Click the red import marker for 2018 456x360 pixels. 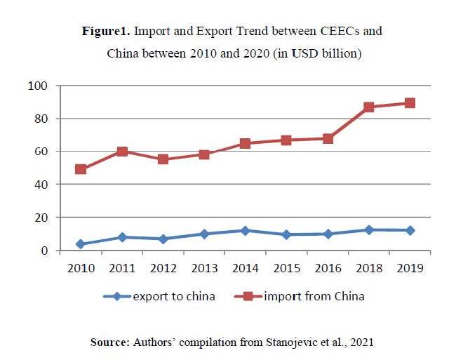tap(369, 107)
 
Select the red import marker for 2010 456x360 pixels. tap(81, 169)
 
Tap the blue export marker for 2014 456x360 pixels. tap(245, 231)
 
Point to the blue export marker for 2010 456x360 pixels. tap(81, 244)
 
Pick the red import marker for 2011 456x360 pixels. tap(122, 152)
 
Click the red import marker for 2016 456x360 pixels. tap(328, 139)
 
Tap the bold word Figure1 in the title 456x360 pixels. tap(105, 32)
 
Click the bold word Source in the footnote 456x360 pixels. tap(111, 342)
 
